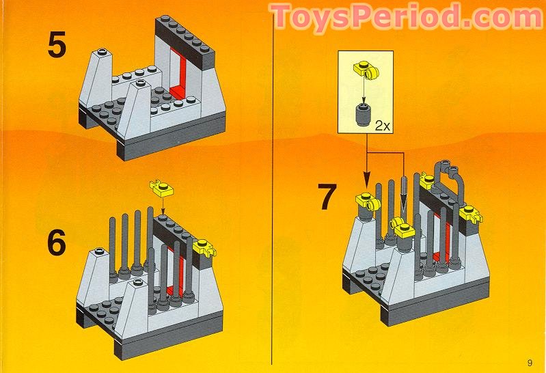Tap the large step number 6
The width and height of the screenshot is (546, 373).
[x=57, y=244]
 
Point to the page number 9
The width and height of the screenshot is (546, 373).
[x=530, y=362]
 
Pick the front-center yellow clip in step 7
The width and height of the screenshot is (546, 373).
[x=401, y=229]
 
